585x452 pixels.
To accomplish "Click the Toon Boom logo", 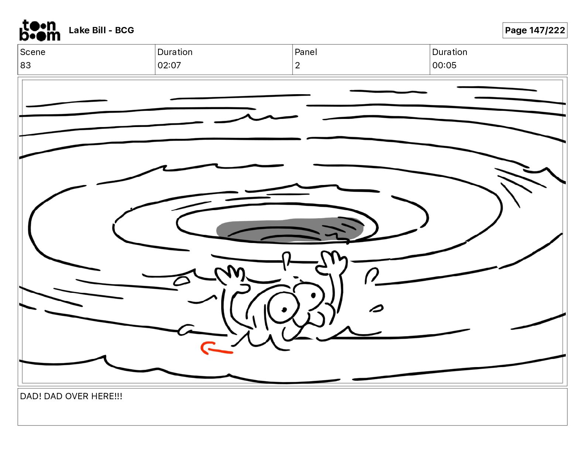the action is click(x=40, y=30).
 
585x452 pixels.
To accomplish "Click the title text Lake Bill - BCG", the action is click(x=101, y=30).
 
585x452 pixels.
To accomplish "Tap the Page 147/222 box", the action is click(x=535, y=30).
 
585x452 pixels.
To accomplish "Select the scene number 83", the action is click(x=25, y=65).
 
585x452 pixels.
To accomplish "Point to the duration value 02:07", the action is click(x=169, y=65).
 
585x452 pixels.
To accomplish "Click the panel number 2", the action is click(x=297, y=65).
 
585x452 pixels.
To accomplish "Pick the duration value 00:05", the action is click(x=444, y=65).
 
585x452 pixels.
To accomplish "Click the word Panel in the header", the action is click(x=306, y=52).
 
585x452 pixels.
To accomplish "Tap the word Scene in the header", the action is click(x=32, y=52).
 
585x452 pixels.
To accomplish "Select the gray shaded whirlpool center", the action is click(x=290, y=230).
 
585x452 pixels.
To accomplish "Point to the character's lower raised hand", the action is click(x=232, y=277).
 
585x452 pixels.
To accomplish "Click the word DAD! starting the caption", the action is click(x=31, y=396).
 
